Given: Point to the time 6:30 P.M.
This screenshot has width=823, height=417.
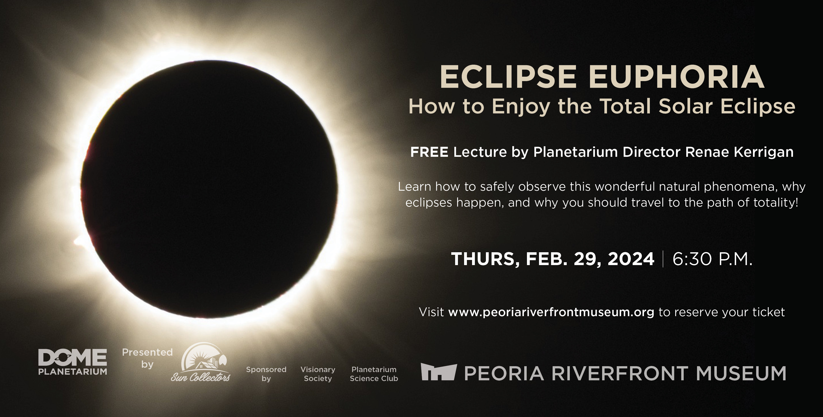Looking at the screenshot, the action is tap(712, 259).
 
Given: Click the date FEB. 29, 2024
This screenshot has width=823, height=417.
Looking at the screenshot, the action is tap(590, 259).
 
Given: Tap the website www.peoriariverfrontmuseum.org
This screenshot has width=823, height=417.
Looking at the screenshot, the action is tap(551, 312).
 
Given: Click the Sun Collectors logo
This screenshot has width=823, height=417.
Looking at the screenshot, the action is tap(201, 362).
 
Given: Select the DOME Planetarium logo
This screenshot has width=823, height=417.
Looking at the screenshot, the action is tap(73, 362).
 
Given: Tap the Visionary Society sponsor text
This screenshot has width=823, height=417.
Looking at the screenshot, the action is tap(318, 374).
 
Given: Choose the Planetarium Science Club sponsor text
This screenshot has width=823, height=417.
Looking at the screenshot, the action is tap(374, 374).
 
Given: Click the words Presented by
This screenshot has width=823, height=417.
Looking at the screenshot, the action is tap(147, 358).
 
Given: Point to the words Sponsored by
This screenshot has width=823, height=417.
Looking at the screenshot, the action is tap(266, 374).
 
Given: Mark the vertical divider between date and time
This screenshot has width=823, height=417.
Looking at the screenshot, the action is tap(663, 259).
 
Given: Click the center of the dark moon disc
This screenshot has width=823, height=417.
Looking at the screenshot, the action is tap(210, 188).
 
